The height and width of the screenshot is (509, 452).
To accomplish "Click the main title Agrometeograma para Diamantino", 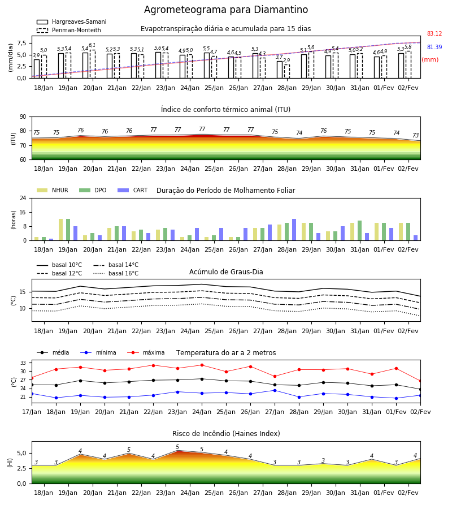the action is [226, 10].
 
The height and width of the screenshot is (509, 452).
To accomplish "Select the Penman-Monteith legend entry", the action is [69, 30].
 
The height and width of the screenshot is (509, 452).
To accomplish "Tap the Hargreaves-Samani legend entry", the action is [71, 21].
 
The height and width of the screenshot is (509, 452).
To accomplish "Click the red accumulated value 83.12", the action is [434, 34].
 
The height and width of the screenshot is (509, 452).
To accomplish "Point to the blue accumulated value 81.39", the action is [434, 48].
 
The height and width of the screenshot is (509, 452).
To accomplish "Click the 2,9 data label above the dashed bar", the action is [286, 61].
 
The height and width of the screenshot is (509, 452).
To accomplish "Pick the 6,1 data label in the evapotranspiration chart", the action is [92, 45].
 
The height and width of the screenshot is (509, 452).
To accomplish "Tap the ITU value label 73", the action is [416, 135].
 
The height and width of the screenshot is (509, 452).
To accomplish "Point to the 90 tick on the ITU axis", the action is [23, 117].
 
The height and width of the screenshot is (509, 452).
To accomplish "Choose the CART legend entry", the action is [133, 190].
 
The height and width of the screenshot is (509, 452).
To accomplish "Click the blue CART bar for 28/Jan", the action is [294, 230].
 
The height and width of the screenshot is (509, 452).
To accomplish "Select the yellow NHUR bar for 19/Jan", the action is [60, 230].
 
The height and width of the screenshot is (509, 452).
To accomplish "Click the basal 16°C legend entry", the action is [116, 274].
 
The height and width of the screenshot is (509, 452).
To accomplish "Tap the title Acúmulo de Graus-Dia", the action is [226, 272].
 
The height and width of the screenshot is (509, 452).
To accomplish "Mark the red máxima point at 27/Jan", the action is [275, 377].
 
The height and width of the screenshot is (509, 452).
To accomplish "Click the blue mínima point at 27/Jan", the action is [275, 390].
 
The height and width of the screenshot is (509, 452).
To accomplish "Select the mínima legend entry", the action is [98, 352].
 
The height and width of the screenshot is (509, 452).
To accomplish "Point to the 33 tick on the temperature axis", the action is [24, 363].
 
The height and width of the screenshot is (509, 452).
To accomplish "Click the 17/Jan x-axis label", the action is [32, 412].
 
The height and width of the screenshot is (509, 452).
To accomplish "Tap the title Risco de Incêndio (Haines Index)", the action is [226, 434].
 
